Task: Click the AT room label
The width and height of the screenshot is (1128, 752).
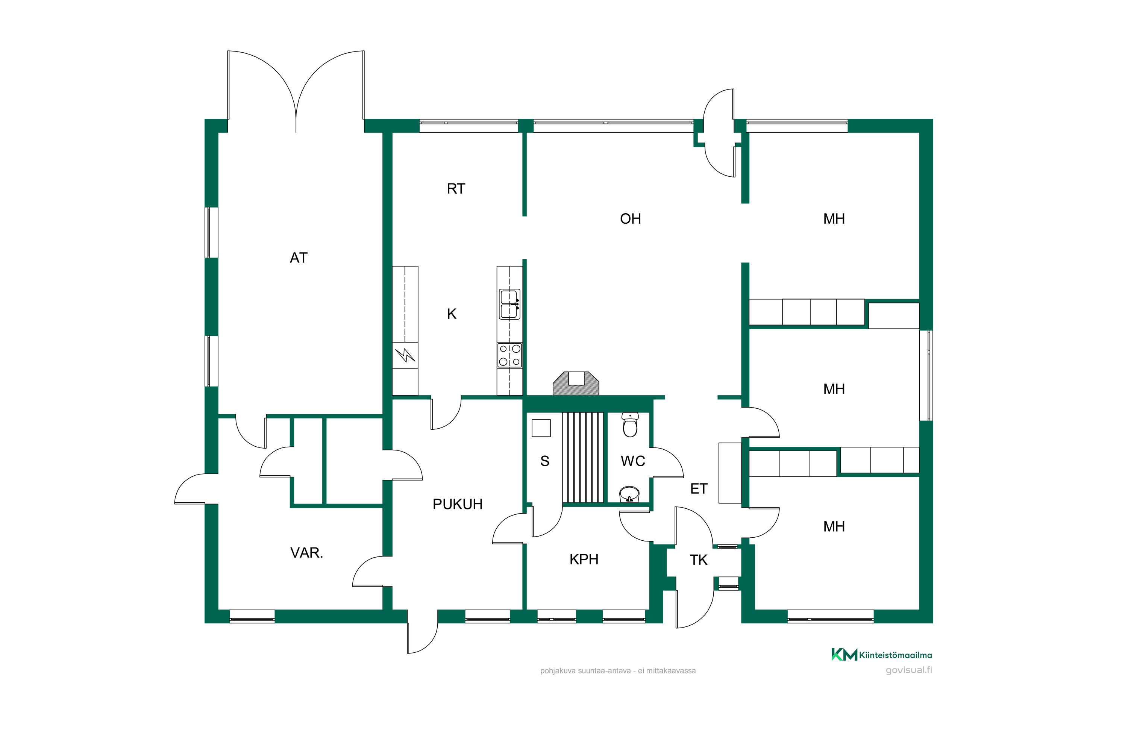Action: click(298, 258)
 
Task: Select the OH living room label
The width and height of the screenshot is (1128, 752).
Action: click(630, 219)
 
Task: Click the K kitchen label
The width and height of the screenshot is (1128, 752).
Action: click(451, 314)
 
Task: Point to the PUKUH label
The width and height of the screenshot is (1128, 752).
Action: click(457, 504)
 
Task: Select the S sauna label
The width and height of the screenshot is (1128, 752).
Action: click(544, 461)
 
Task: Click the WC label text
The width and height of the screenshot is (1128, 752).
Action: click(632, 461)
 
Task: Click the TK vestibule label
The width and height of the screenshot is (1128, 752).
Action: click(698, 560)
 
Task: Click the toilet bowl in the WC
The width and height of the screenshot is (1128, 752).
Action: click(630, 425)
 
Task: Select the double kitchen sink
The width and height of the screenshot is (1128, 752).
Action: click(509, 304)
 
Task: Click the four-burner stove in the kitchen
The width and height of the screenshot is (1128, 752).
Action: click(509, 355)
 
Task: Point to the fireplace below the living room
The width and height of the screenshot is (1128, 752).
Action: click(576, 384)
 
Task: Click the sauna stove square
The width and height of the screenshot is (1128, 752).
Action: click(541, 428)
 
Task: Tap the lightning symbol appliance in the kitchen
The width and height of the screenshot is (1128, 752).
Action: click(405, 355)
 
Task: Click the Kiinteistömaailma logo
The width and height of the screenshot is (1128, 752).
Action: click(881, 655)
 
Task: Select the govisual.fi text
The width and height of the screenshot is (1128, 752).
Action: click(909, 670)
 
